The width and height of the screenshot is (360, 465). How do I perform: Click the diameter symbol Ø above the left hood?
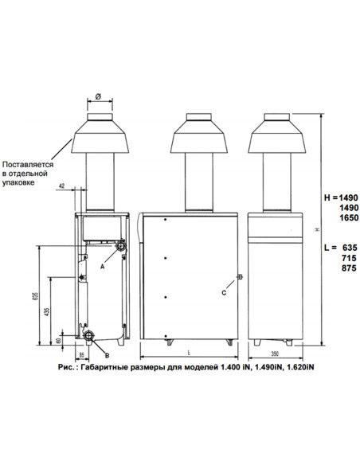[97, 96]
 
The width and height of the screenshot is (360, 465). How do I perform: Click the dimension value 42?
[63, 186]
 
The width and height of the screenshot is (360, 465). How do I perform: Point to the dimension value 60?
[59, 340]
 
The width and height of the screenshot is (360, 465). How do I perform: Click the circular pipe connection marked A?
[121, 247]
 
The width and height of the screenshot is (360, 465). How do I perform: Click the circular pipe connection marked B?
[89, 334]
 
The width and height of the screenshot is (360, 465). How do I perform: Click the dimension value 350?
[275, 352]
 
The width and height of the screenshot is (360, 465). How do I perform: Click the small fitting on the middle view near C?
[239, 278]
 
